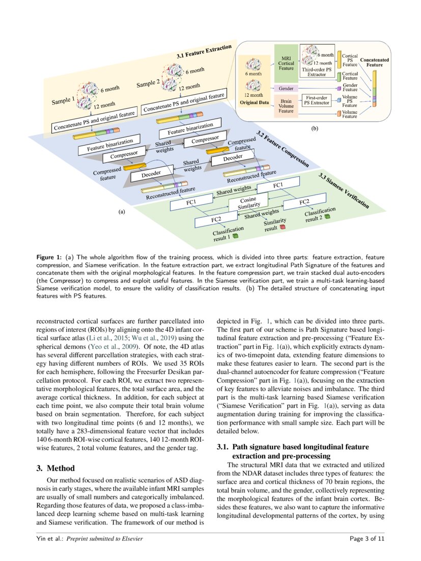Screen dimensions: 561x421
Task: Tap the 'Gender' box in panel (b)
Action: click(x=287, y=89)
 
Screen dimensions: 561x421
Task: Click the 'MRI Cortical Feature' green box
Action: click(x=287, y=64)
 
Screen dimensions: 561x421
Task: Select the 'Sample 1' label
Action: click(x=63, y=100)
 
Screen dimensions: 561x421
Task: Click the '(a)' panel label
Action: click(x=122, y=211)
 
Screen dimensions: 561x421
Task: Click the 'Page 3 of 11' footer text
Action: click(x=367, y=538)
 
